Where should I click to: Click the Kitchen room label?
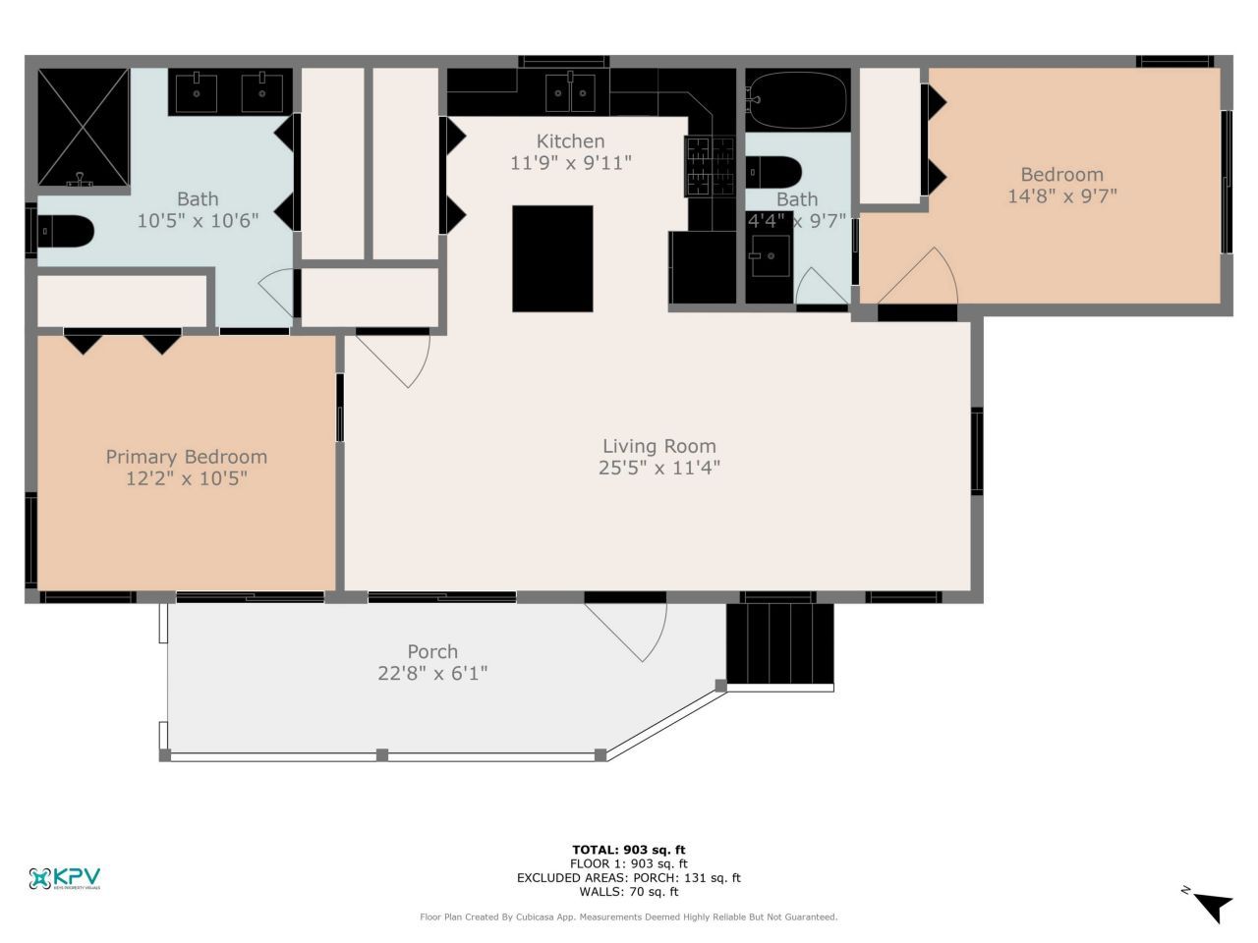tap(570, 141)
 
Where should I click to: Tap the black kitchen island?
tap(552, 258)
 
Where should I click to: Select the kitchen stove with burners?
tap(710, 166)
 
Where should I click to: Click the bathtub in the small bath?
tap(797, 98)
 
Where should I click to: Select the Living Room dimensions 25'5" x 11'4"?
tap(658, 469)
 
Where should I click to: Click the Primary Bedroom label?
tap(186, 457)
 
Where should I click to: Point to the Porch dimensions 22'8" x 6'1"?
tap(432, 674)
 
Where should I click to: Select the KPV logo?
tap(65, 878)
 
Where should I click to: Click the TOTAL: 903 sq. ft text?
tap(629, 850)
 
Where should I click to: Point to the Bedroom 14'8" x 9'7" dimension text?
tap(1061, 196)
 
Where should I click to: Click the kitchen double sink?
tap(571, 93)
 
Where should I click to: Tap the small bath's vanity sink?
tap(771, 256)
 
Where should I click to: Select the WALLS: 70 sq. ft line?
tap(629, 892)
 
